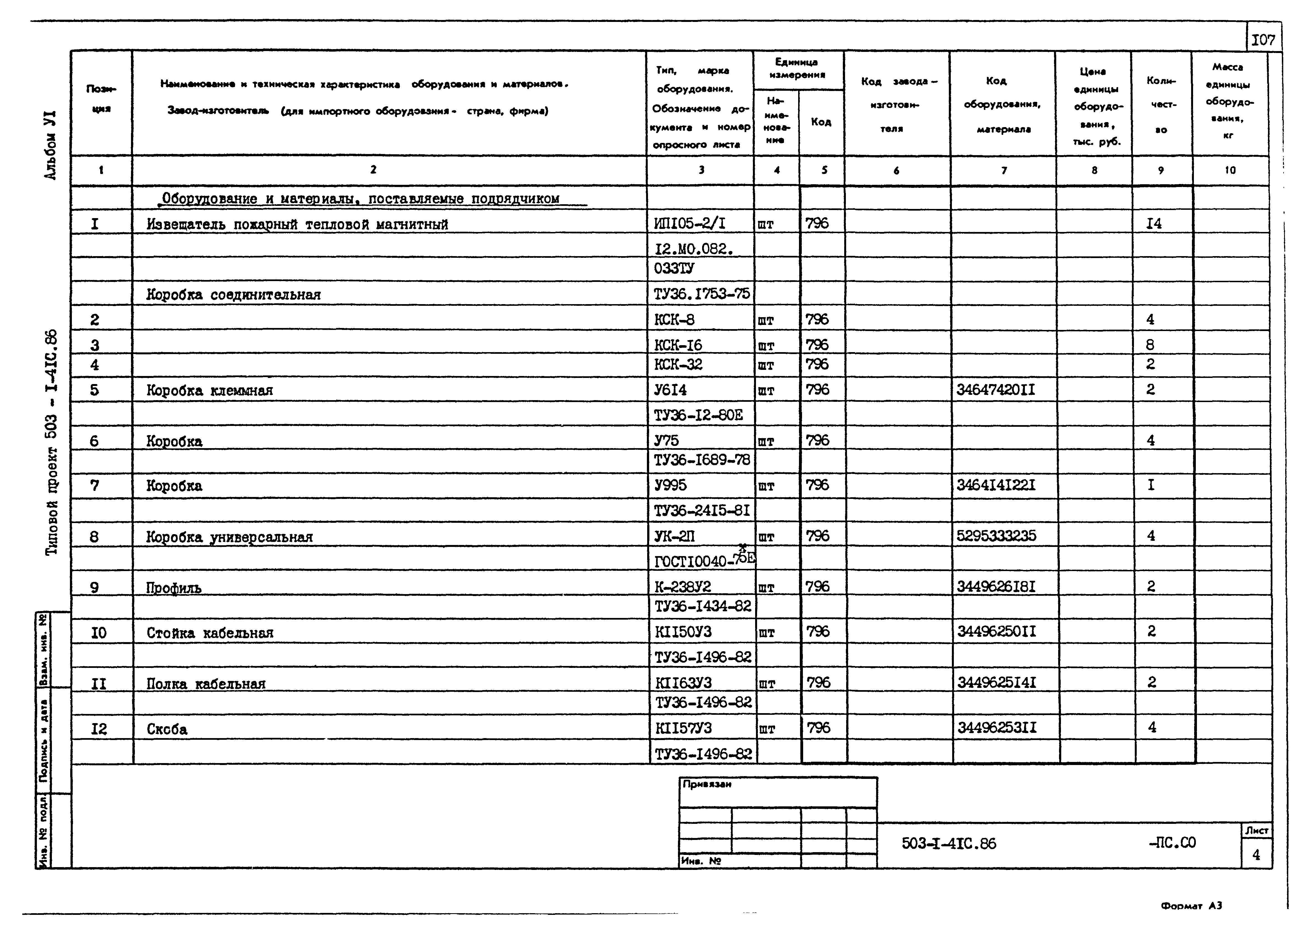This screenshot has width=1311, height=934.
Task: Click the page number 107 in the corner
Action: (x=1263, y=40)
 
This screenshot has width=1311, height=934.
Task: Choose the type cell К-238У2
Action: (x=683, y=587)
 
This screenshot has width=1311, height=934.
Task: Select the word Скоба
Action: (x=167, y=729)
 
